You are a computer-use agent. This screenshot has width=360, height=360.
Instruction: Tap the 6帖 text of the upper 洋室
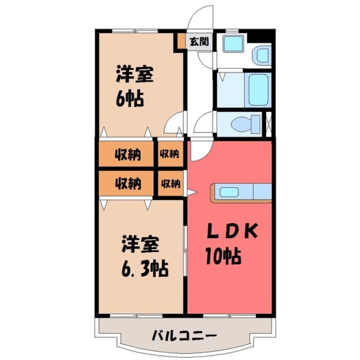click(130, 98)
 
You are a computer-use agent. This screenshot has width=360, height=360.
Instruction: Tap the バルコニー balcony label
click(184, 335)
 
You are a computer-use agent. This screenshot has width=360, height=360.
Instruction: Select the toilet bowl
click(245, 122)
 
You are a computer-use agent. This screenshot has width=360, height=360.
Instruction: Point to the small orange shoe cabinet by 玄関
click(180, 42)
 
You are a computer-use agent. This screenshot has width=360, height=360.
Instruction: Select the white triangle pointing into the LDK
click(191, 193)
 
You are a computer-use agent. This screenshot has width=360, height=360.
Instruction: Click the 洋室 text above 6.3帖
click(139, 245)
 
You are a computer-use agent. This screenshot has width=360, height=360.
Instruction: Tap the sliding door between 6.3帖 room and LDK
click(185, 252)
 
